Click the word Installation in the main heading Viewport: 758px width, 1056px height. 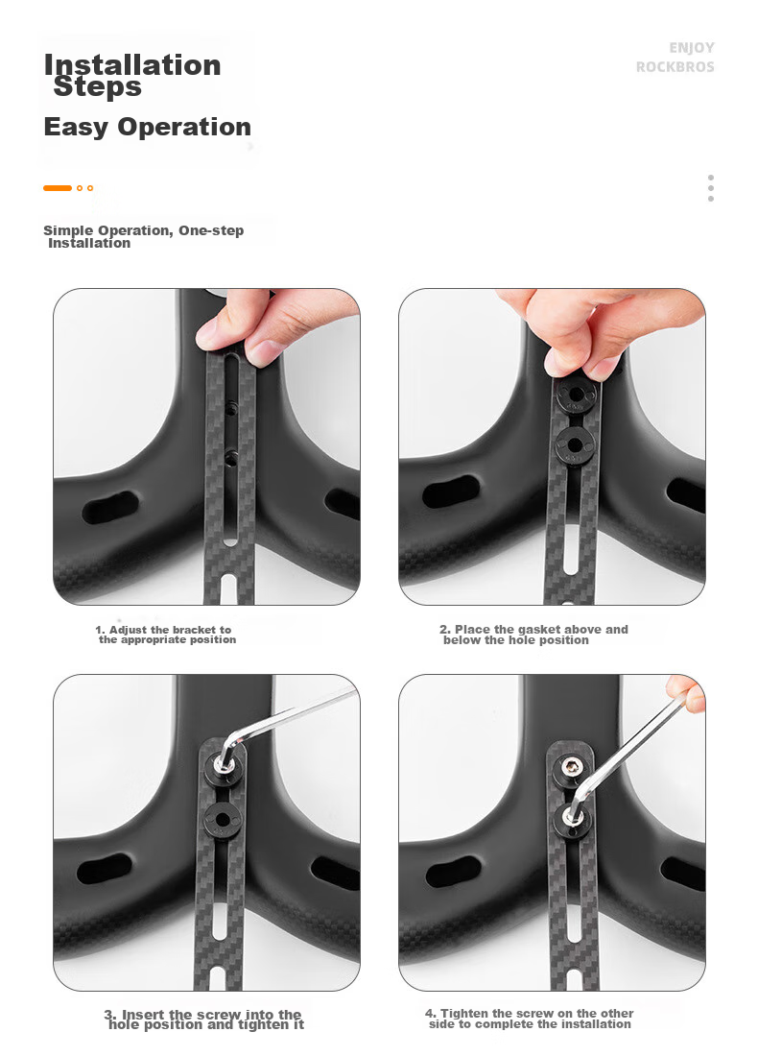pos(132,65)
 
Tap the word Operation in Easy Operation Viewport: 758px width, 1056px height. pos(184,128)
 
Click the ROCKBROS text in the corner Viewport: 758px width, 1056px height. pos(675,67)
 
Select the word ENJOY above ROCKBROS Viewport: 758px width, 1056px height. pos(692,48)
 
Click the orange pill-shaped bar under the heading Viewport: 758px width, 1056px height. pos(58,188)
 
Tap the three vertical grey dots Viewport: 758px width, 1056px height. pos(711,188)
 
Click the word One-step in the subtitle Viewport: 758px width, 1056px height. pos(211,230)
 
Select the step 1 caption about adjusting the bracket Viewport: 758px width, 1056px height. pos(166,635)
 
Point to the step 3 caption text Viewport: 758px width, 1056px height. pos(204,1019)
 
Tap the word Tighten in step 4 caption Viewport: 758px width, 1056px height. pos(464,1013)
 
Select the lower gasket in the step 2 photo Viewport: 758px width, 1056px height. pos(575,445)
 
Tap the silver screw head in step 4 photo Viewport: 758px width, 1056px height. pos(573,765)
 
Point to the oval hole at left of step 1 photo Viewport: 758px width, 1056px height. pos(109,508)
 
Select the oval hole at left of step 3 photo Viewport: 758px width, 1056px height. pos(105,869)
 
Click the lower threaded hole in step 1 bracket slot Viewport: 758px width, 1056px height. pos(230,457)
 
